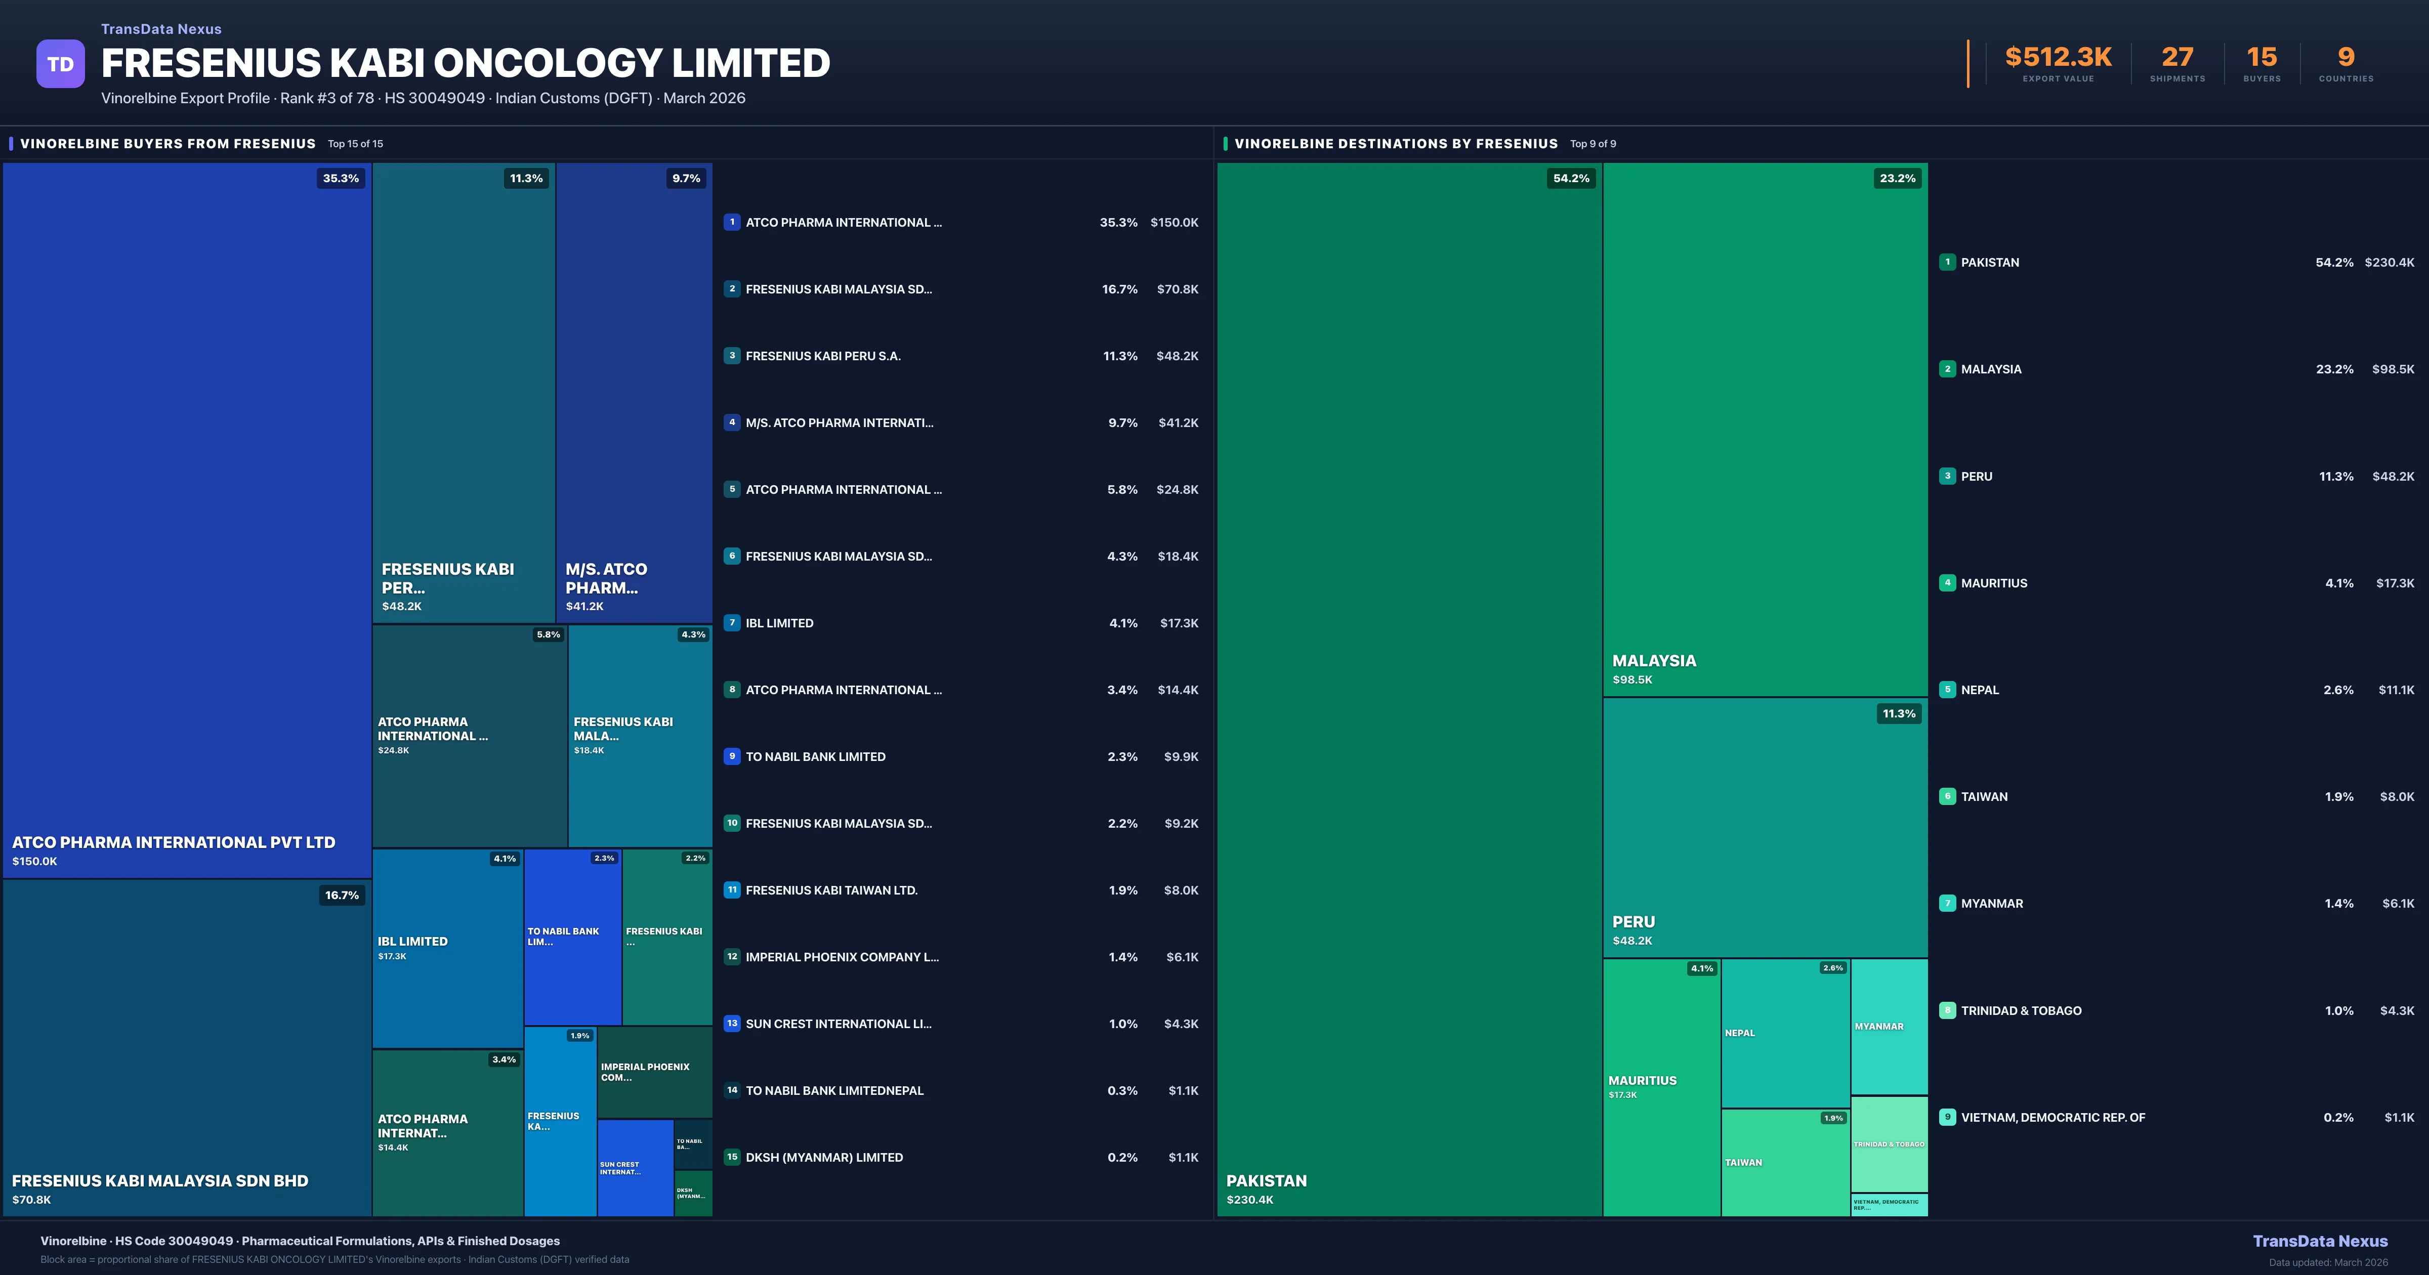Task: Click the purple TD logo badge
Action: click(x=60, y=64)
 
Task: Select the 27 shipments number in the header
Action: click(x=2177, y=58)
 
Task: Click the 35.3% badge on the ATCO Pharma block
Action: click(x=341, y=178)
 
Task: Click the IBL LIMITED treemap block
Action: click(x=447, y=948)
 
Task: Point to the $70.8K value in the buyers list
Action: click(x=1177, y=289)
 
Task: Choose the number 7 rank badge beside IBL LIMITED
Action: click(x=732, y=622)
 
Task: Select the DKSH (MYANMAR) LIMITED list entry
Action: click(x=824, y=1157)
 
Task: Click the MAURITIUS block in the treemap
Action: click(x=1661, y=1086)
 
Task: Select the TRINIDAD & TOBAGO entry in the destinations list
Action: click(x=2021, y=1010)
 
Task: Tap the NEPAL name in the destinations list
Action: click(x=1979, y=690)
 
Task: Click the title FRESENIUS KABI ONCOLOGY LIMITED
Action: click(x=466, y=63)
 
